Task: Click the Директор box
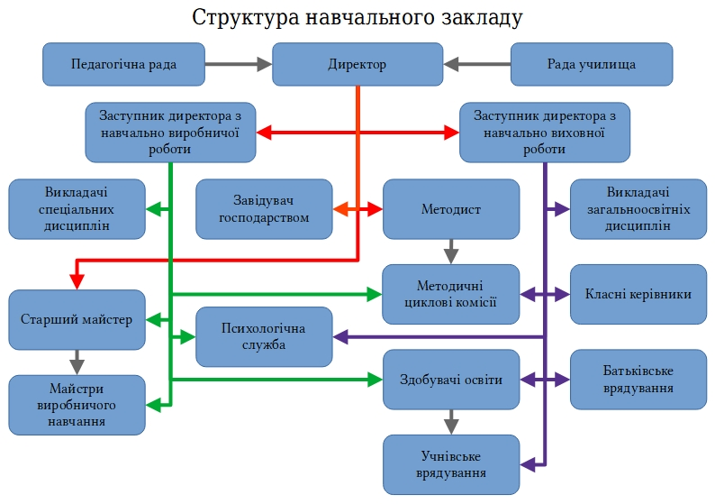357,64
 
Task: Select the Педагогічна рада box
124,64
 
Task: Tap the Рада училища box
592,64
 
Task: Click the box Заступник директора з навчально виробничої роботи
170,133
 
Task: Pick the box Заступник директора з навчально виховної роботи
544,133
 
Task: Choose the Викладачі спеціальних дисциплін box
77,209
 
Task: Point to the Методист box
451,209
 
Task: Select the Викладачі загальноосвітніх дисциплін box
638,209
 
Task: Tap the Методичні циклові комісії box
451,294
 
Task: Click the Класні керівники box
638,294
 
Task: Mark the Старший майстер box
77,319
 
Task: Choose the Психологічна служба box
265,336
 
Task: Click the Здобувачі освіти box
451,379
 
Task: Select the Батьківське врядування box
638,379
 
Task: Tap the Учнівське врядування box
451,464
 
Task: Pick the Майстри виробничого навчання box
77,405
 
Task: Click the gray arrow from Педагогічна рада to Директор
239,64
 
